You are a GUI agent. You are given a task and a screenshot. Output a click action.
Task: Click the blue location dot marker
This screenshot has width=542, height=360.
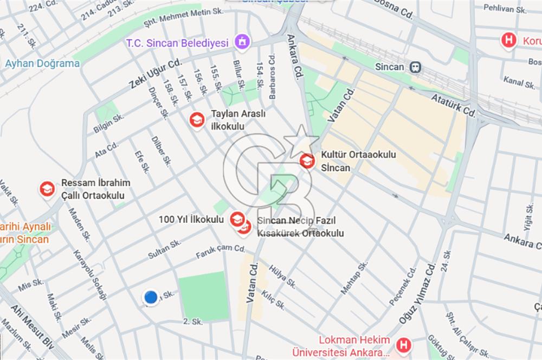point(150,297)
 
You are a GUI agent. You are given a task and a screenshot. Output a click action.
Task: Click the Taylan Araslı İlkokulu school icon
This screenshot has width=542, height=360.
point(197,119)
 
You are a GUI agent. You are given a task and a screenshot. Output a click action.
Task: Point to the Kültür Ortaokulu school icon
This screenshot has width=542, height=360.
point(307,160)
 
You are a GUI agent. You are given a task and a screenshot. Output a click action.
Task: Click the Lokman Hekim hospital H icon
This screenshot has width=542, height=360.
point(402,344)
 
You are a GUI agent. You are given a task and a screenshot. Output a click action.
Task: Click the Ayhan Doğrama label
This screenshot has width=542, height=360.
point(42,63)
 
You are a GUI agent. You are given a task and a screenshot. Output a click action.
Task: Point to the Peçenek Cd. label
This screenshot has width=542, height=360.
point(403,286)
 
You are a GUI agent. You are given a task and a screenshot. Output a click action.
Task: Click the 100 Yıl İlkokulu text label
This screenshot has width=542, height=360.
point(191,220)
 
